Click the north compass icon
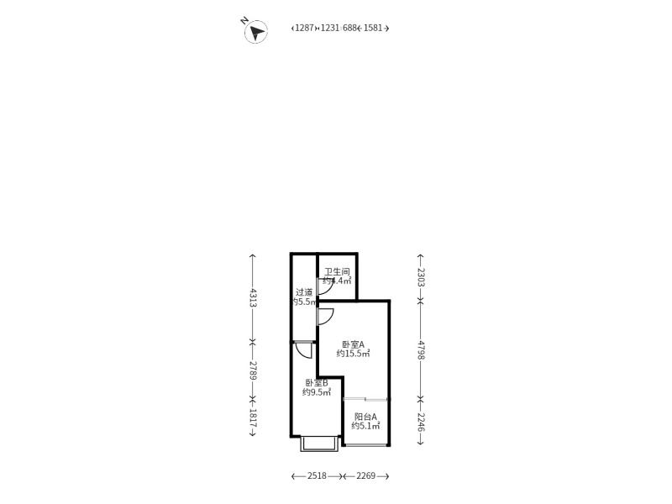[x=255, y=32]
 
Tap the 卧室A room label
[x=353, y=344]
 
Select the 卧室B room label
[x=316, y=382]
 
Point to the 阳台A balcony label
[x=365, y=416]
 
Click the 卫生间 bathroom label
[x=337, y=271]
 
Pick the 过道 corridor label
[x=304, y=292]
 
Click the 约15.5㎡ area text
[x=354, y=354]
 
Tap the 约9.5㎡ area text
[x=317, y=391]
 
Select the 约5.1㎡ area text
[x=365, y=426]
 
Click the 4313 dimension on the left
[x=253, y=297]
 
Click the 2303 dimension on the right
[x=421, y=277]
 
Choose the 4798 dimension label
[x=421, y=349]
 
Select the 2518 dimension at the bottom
[x=317, y=476]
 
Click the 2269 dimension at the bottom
[x=365, y=476]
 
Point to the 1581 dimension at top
[x=373, y=28]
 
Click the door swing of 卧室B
[x=304, y=350]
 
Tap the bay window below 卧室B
[x=320, y=444]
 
